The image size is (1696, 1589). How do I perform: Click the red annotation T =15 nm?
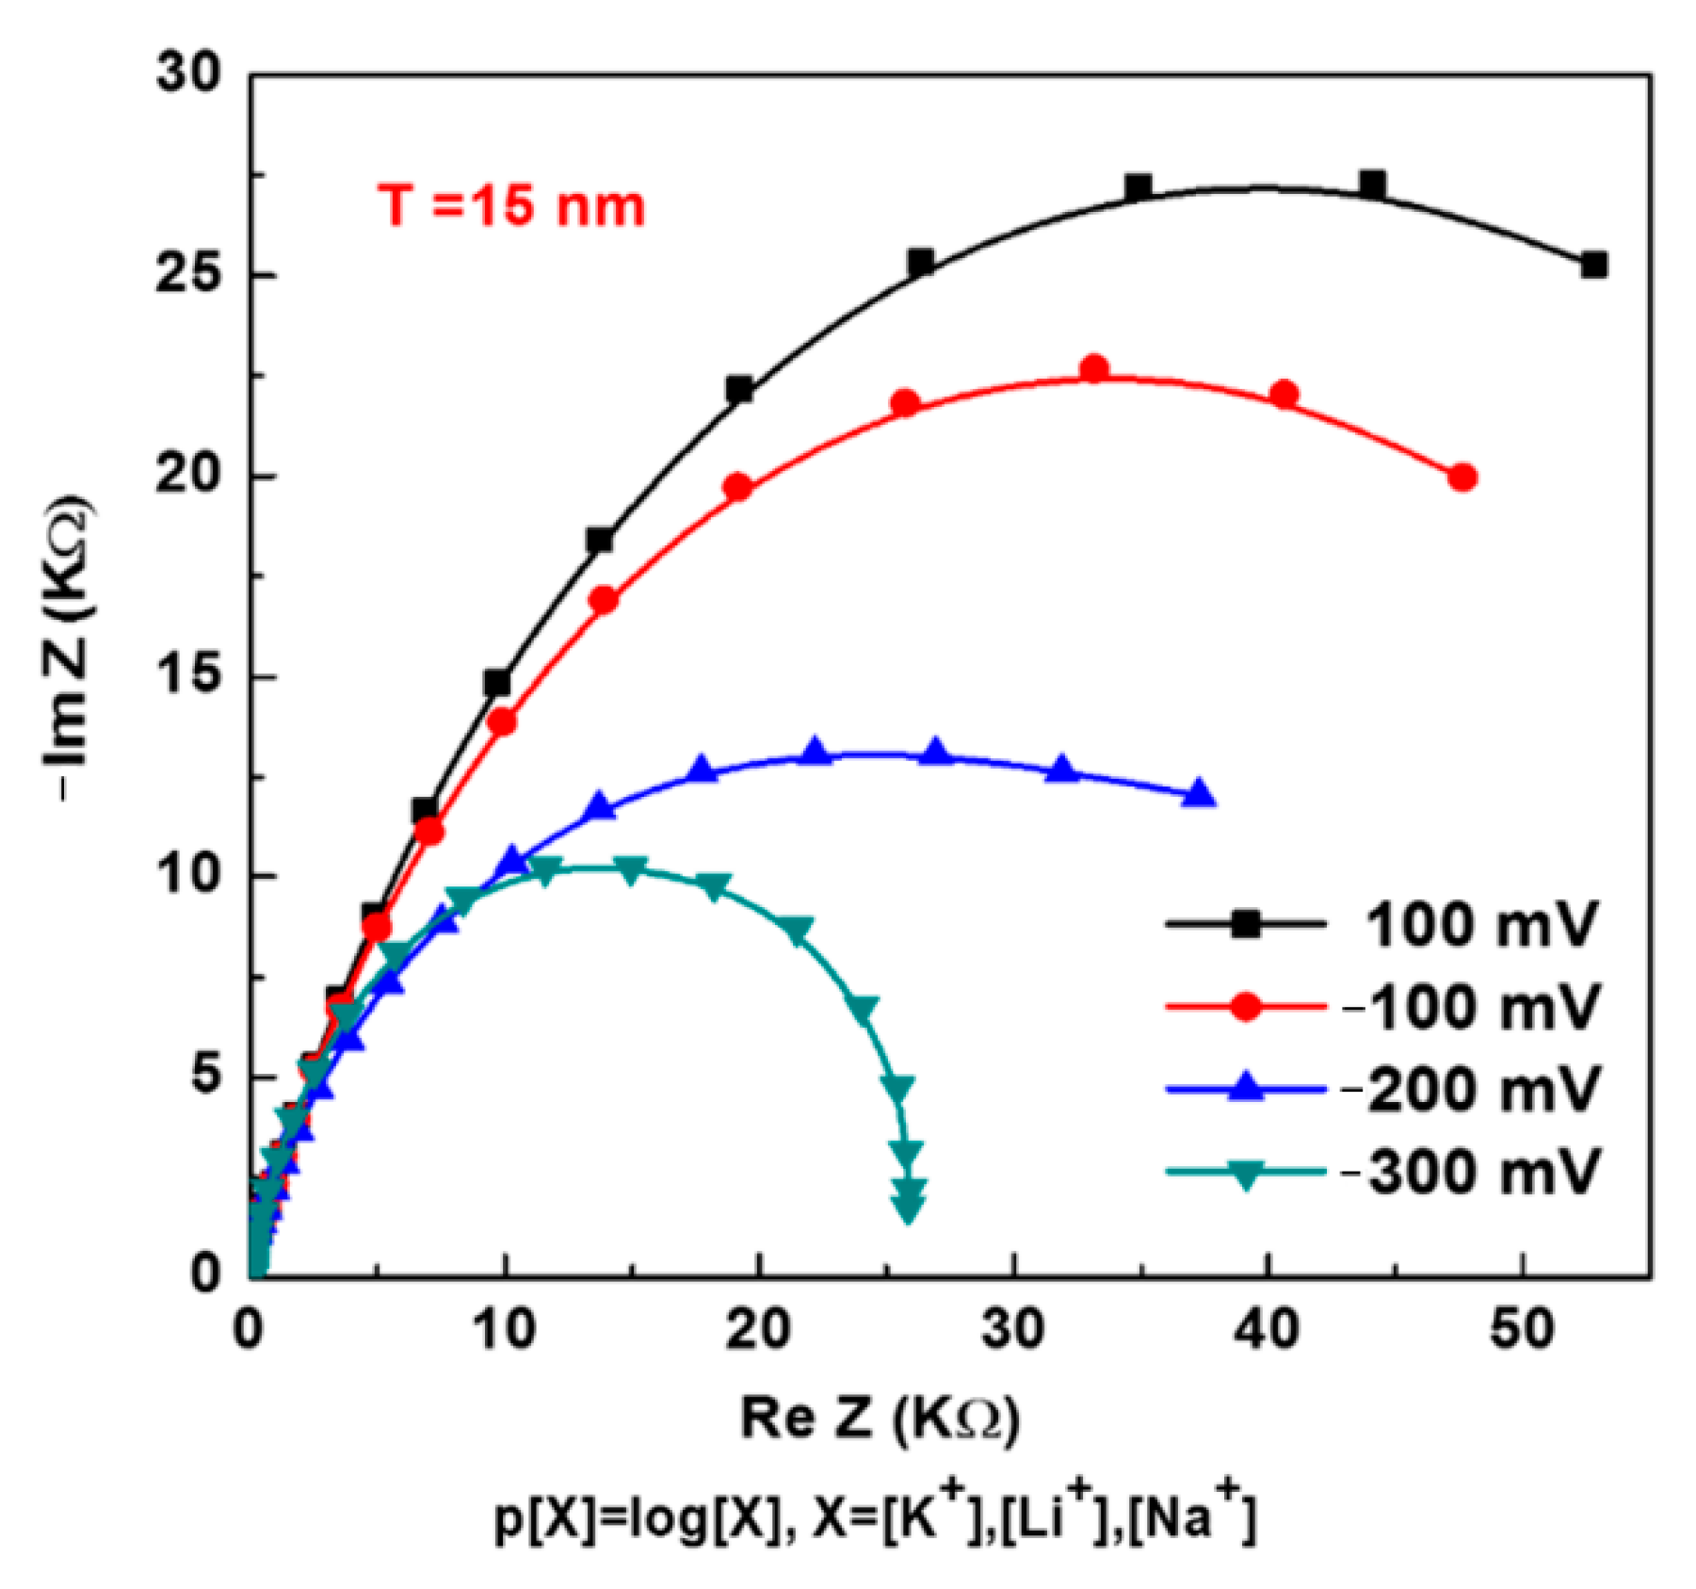(x=511, y=206)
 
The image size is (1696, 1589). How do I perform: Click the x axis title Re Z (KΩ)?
(x=880, y=1419)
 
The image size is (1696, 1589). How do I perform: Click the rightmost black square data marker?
(x=1593, y=266)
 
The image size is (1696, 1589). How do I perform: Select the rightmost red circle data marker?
(x=1462, y=478)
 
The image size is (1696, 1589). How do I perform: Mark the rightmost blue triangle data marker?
(x=1199, y=794)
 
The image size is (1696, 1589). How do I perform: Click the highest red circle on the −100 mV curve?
(x=1094, y=368)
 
